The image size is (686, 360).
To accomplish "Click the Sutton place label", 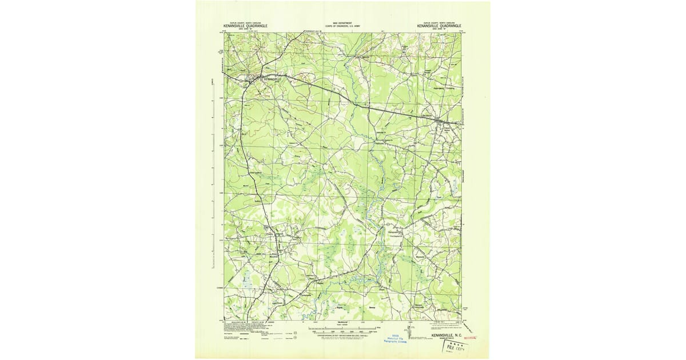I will click(x=257, y=201).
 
